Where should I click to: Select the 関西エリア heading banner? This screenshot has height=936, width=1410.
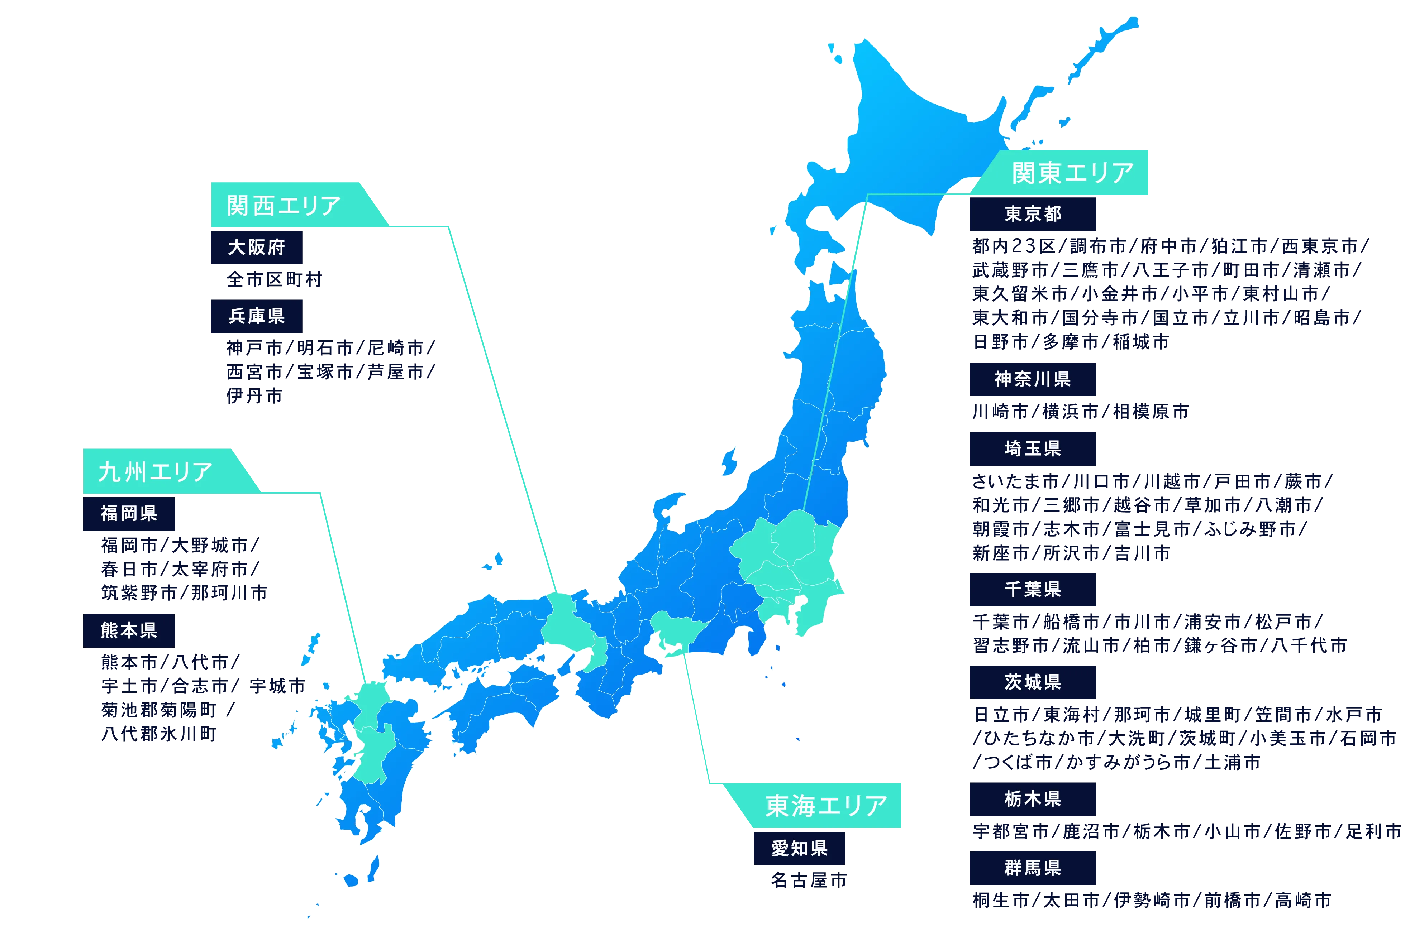point(284,205)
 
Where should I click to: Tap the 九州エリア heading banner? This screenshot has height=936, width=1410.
point(155,471)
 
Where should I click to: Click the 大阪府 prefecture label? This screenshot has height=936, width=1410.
point(256,247)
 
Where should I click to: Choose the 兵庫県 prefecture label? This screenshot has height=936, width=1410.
point(256,316)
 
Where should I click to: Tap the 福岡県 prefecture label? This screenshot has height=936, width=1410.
point(128,513)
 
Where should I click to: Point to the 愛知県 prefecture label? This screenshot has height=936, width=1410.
point(799,848)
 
